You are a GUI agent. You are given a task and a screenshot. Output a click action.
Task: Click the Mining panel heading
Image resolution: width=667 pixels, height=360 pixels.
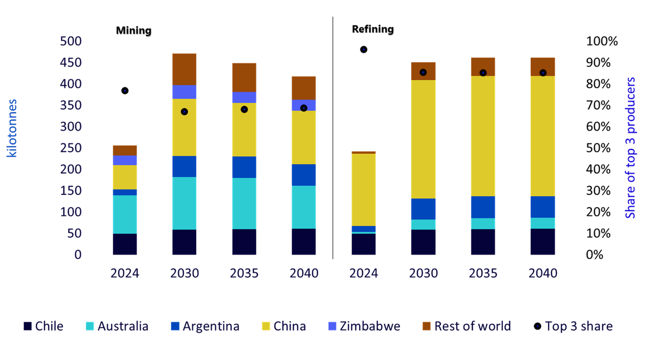pyautogui.click(x=134, y=31)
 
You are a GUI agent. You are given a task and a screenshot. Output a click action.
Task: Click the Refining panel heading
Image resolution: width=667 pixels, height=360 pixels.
pyautogui.click(x=373, y=29)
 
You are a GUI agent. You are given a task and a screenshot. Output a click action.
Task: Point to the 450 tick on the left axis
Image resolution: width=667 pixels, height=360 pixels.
pyautogui.click(x=71, y=63)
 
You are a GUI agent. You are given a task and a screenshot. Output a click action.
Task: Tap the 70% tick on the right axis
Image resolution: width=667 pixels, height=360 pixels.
pyautogui.click(x=598, y=106)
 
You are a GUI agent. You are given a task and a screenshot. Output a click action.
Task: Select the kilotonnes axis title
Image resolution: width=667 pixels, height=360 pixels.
pyautogui.click(x=12, y=128)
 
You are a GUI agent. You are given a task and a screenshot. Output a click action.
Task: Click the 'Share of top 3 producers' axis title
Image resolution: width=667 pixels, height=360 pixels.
pyautogui.click(x=630, y=148)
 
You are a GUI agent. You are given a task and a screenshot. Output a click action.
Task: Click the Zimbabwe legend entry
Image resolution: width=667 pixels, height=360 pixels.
pyautogui.click(x=364, y=326)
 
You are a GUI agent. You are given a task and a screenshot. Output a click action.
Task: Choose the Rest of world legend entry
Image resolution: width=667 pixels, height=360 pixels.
pyautogui.click(x=466, y=326)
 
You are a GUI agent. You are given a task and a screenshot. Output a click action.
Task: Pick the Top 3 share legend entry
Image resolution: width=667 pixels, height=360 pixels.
pyautogui.click(x=573, y=326)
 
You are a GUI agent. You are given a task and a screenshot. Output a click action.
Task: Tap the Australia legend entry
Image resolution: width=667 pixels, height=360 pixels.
pyautogui.click(x=117, y=326)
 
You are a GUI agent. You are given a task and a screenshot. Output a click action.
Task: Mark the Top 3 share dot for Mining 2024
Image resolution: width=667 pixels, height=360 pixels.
pyautogui.click(x=125, y=91)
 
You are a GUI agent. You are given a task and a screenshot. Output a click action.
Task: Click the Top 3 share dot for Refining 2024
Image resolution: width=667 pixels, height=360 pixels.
pyautogui.click(x=364, y=49)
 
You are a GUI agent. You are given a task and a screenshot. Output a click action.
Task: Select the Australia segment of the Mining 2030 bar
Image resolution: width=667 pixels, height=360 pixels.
pyautogui.click(x=185, y=203)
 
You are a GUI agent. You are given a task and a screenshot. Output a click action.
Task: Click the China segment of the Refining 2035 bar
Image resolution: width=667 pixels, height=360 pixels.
pyautogui.click(x=483, y=136)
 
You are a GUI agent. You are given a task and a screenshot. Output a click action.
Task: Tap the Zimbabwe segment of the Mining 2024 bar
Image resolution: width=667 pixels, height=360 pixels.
pyautogui.click(x=125, y=161)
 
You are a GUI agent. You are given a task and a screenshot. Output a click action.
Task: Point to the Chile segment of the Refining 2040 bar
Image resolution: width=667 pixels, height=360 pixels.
pyautogui.click(x=542, y=242)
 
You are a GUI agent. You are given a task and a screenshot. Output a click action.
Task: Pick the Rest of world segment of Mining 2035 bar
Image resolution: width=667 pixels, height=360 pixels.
pyautogui.click(x=244, y=77)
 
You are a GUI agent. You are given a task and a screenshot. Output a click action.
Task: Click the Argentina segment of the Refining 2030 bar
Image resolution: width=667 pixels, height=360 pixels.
pyautogui.click(x=423, y=209)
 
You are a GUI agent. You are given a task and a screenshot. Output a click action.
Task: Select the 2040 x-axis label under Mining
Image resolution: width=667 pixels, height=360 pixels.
pyautogui.click(x=304, y=273)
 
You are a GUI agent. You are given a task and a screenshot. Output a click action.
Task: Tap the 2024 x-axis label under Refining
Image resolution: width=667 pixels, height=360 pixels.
pyautogui.click(x=364, y=273)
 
